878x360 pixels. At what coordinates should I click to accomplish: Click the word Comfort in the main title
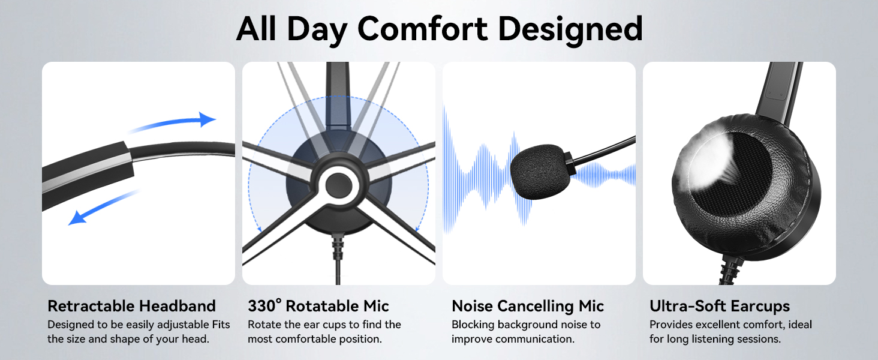pyautogui.click(x=423, y=29)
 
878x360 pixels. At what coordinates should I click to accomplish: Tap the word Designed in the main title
pyautogui.click(x=571, y=31)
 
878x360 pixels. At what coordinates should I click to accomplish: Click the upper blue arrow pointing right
pyautogui.click(x=173, y=122)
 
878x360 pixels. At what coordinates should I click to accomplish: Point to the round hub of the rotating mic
pyautogui.click(x=338, y=185)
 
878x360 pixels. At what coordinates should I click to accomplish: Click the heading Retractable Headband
pyautogui.click(x=132, y=306)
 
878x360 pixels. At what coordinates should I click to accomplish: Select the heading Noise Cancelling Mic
pyautogui.click(x=528, y=306)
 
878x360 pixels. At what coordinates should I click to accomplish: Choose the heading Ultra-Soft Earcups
pyautogui.click(x=720, y=306)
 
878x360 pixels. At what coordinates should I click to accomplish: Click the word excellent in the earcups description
pyautogui.click(x=732, y=325)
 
